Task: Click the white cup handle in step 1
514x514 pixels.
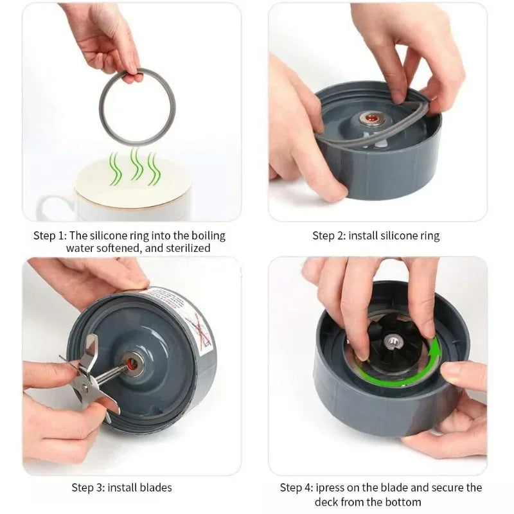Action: click(x=49, y=206)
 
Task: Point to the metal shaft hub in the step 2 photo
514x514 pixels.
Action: click(x=372, y=118)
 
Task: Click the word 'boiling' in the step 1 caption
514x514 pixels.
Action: click(x=208, y=236)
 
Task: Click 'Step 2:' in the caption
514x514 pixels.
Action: click(x=329, y=236)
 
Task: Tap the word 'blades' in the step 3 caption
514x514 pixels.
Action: click(x=155, y=488)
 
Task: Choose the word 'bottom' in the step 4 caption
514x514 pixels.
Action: click(x=403, y=502)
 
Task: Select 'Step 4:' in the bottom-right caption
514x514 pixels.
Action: click(x=296, y=488)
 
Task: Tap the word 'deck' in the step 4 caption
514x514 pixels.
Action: click(x=326, y=502)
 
